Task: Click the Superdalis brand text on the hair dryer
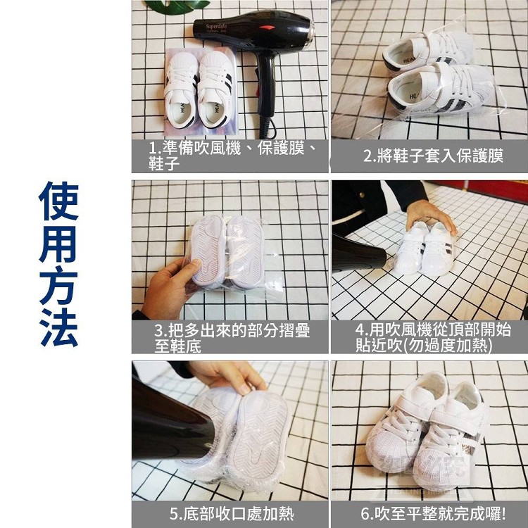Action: (217, 26)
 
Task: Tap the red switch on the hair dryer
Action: (267, 27)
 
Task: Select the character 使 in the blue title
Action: (58, 201)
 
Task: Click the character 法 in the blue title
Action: (58, 327)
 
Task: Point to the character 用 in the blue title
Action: (58, 243)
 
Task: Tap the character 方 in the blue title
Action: (58, 285)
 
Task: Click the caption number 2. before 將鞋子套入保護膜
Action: (370, 156)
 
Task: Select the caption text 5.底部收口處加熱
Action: (232, 513)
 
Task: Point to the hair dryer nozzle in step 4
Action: (359, 253)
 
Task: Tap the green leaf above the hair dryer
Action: (177, 6)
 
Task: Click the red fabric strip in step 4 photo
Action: (485, 191)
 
